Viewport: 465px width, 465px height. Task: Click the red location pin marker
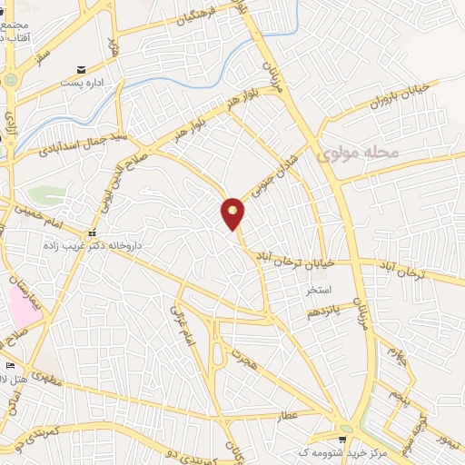click(233, 213)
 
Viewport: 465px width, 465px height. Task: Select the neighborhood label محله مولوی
click(361, 153)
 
